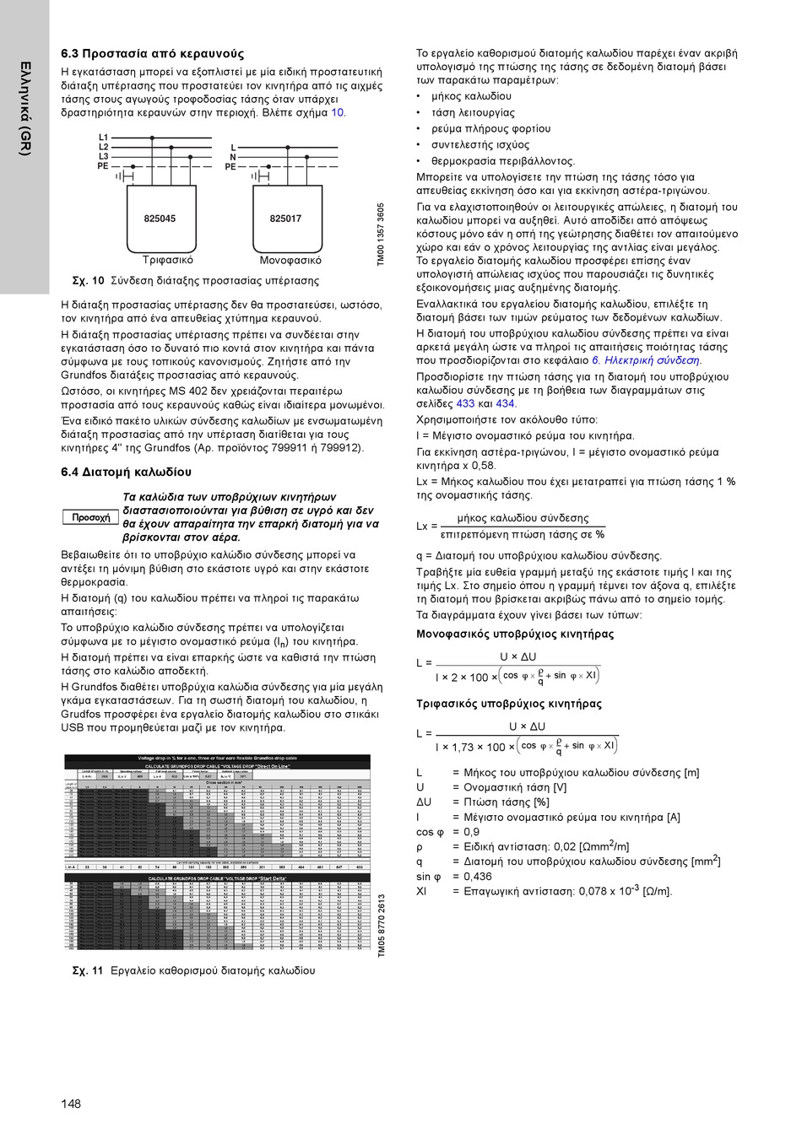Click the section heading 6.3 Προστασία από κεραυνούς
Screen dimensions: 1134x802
[152, 54]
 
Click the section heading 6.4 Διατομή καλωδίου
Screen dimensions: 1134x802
[126, 472]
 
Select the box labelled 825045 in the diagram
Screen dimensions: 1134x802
[160, 219]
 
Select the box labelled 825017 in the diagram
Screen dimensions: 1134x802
[285, 219]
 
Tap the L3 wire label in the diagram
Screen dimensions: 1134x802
[103, 156]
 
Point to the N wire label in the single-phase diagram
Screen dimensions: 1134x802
[233, 157]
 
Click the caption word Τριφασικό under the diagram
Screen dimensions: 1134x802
[168, 261]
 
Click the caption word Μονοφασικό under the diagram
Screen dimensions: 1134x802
[290, 261]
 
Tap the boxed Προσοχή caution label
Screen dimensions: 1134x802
[90, 517]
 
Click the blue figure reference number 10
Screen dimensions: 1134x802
[338, 113]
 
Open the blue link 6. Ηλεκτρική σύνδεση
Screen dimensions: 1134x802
[646, 360]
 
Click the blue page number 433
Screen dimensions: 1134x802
[465, 404]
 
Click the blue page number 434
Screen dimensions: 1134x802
[506, 404]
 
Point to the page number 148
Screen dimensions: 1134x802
[71, 1104]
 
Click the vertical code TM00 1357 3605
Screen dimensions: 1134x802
[381, 235]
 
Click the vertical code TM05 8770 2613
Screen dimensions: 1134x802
[381, 926]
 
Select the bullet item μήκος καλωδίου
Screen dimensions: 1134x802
[471, 96]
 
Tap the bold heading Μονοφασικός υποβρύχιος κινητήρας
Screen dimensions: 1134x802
[515, 634]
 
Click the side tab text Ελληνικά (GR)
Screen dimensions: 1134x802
[25, 108]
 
